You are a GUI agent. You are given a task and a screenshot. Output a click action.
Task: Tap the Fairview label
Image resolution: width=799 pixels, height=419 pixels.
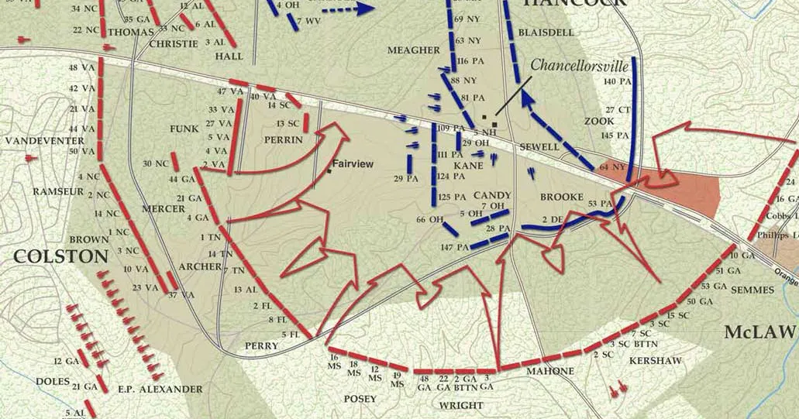(353, 164)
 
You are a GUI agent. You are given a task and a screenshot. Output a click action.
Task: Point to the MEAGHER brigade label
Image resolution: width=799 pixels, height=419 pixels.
(414, 50)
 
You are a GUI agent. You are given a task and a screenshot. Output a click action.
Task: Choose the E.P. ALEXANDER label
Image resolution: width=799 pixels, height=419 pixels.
(160, 389)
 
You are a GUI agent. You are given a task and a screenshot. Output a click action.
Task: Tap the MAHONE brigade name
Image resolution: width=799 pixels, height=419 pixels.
(550, 372)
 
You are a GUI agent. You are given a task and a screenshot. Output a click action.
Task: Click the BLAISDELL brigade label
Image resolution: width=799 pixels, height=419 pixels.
(547, 33)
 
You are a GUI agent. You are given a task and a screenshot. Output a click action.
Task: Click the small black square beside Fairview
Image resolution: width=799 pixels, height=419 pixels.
(329, 170)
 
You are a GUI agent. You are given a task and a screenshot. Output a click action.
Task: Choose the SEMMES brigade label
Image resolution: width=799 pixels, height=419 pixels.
(752, 290)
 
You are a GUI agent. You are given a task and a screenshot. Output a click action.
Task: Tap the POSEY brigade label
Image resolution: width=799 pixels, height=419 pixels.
(360, 399)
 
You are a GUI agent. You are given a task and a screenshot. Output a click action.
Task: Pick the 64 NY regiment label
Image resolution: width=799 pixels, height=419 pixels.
(612, 167)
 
